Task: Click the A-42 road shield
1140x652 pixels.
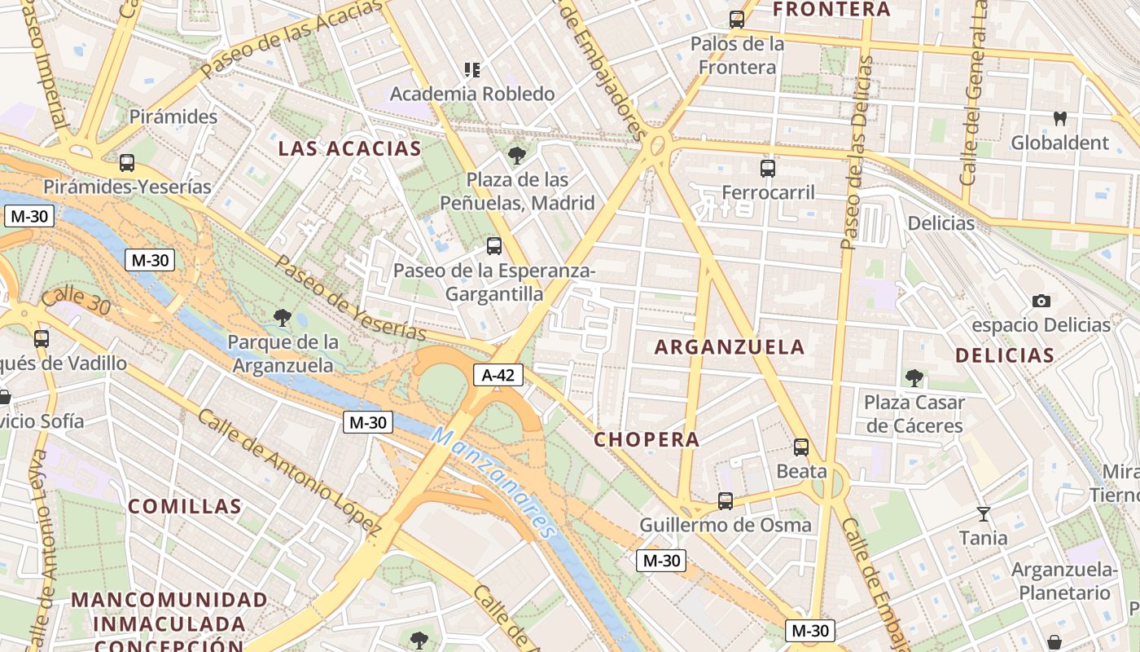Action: point(498,375)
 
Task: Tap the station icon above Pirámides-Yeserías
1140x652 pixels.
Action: point(126,163)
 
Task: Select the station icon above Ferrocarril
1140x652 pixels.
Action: point(767,169)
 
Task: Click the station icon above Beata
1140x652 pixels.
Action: point(801,447)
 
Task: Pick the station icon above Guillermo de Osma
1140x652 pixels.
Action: point(725,500)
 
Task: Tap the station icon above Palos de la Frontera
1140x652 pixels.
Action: point(737,20)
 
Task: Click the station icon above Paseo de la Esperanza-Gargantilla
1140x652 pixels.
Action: point(493,245)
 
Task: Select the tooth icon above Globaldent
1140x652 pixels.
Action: point(1059,118)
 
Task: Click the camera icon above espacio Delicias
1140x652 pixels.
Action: point(1041,302)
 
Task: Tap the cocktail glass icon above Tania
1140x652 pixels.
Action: point(984,514)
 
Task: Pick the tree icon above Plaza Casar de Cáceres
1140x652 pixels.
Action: point(914,378)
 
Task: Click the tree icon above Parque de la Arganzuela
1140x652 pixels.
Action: point(283,317)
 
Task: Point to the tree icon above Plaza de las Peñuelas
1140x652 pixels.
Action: point(516,156)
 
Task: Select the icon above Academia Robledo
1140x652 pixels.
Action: point(472,70)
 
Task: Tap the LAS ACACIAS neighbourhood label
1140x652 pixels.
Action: point(349,148)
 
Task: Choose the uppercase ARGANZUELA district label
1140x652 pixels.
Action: point(730,347)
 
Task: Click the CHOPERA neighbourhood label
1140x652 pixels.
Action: point(647,440)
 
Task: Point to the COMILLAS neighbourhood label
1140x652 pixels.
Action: point(185,506)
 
